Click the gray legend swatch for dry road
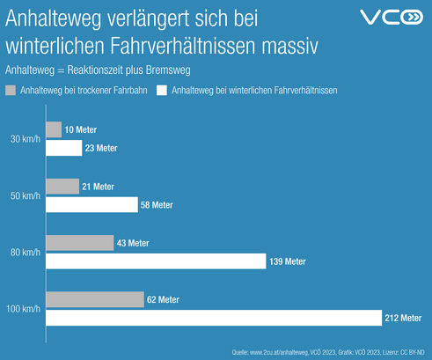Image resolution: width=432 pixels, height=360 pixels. tap(11, 90)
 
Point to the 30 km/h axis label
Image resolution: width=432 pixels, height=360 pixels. tap(24, 139)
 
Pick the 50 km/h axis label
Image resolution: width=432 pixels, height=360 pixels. tap(24, 195)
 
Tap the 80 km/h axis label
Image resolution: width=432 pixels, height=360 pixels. tap(24, 252)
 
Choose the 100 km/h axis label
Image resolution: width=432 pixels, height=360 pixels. tap(22, 308)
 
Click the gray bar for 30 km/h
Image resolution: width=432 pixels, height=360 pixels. tap(53, 130)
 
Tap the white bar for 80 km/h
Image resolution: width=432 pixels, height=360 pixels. tap(155, 261)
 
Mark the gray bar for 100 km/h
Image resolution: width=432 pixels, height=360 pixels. tap(94, 299)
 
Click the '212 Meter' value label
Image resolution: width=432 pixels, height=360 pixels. tap(403, 318)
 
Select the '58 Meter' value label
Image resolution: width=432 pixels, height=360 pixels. tap(157, 205)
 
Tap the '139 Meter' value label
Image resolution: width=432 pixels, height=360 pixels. tap(289, 261)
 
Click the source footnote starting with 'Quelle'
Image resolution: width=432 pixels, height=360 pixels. tap(330, 352)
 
